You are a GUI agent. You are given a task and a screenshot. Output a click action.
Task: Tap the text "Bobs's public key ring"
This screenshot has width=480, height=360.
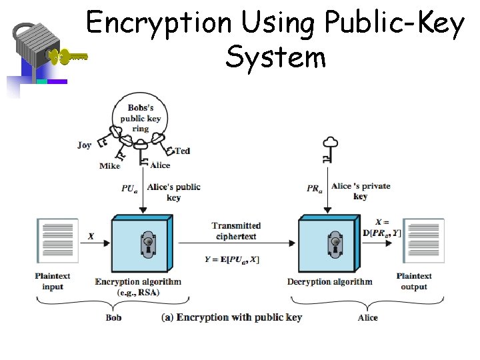140,118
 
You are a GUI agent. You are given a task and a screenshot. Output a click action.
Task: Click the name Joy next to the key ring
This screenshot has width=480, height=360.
84,145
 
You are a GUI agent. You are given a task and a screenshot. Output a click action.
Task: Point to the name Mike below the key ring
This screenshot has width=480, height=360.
109,165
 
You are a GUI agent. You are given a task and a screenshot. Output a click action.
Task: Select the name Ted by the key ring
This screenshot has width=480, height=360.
182,151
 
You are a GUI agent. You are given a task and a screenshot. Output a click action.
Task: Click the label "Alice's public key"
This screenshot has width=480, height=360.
173,192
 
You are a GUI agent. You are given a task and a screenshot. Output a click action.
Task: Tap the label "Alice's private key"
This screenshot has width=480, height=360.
361,191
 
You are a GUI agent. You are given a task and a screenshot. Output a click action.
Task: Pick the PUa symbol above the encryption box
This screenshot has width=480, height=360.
129,189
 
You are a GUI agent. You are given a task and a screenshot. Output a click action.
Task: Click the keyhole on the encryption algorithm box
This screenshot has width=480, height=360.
147,244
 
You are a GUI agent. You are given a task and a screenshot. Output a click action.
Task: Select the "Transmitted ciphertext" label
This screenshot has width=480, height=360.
236,231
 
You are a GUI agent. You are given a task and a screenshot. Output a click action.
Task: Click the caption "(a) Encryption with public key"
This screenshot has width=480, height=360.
231,317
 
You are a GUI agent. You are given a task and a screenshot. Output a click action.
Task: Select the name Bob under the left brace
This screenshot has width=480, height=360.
113,318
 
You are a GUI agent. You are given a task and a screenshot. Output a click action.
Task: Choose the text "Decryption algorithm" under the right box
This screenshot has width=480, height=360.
329,281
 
